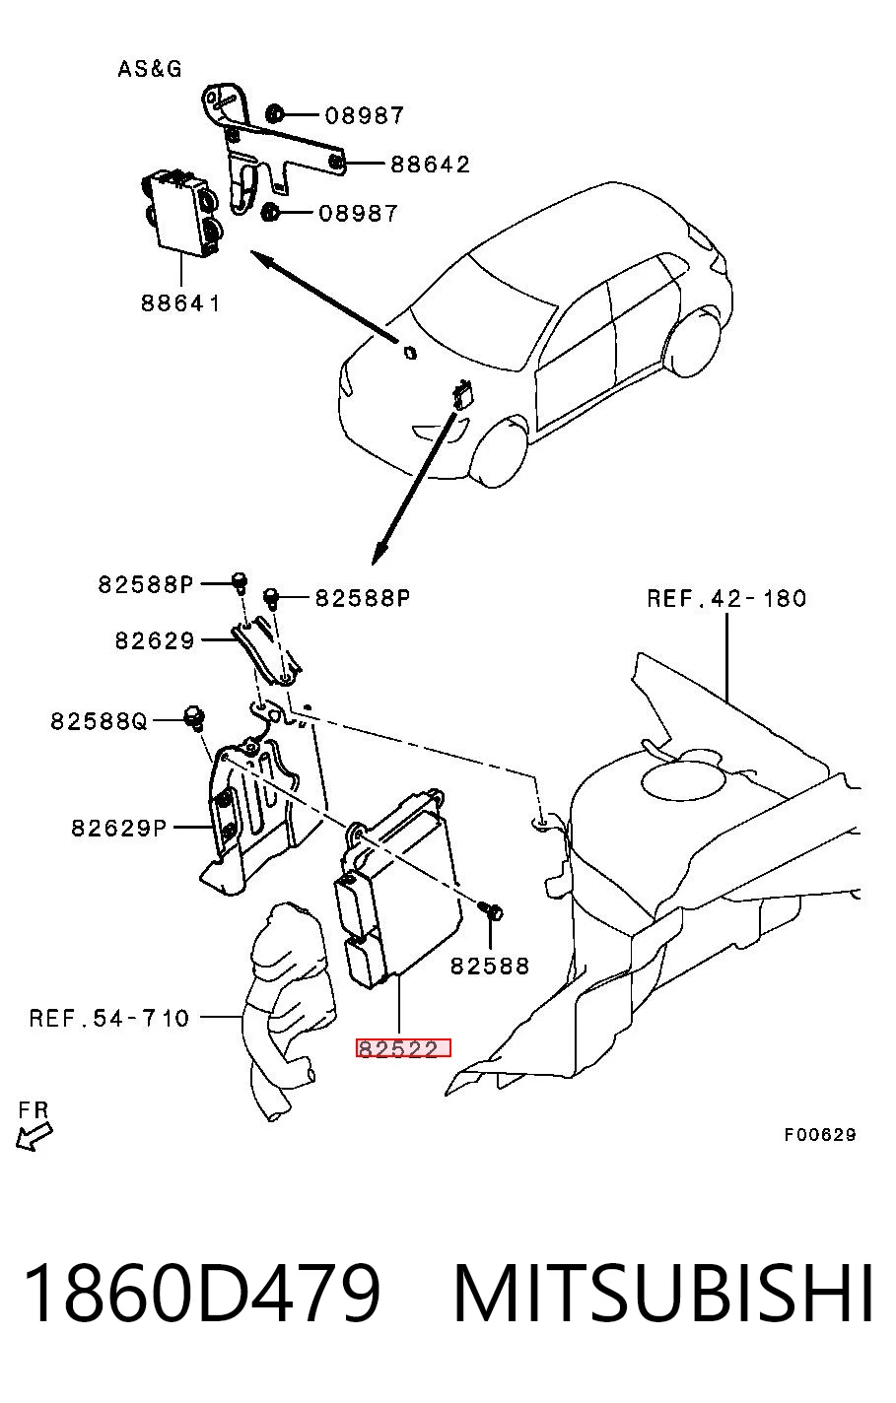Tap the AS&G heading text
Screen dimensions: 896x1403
pyautogui.click(x=150, y=68)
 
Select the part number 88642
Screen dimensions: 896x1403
pyautogui.click(x=430, y=165)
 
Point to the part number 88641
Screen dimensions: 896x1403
pyautogui.click(x=180, y=303)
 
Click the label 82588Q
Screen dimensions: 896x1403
pyautogui.click(x=99, y=721)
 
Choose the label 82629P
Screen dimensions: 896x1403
pyautogui.click(x=119, y=828)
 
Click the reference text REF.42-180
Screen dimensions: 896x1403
pyautogui.click(x=726, y=599)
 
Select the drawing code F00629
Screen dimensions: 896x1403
pyautogui.click(x=820, y=1134)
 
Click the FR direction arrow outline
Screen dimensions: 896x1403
pyautogui.click(x=34, y=1136)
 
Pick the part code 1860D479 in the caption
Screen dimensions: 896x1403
pyautogui.click(x=202, y=1293)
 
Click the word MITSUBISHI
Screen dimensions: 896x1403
pyautogui.click(x=663, y=1293)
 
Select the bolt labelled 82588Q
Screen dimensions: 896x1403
pyautogui.click(x=195, y=717)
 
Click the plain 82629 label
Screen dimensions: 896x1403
pyautogui.click(x=155, y=640)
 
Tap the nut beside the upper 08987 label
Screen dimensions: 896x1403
pyautogui.click(x=274, y=114)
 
